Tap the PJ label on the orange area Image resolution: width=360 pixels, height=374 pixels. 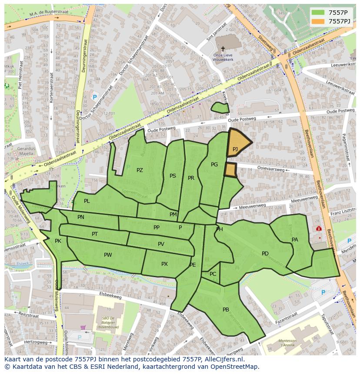point(235,149)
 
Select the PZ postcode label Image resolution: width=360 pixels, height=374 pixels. point(140,170)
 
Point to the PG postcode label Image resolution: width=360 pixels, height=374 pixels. point(214,165)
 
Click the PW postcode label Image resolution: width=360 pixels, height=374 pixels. point(108,255)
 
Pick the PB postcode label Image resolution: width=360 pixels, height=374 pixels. point(226,310)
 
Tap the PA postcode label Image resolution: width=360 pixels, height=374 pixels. point(295,240)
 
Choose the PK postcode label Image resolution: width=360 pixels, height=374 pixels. point(58,241)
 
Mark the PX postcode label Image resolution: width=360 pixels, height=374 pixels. point(164,264)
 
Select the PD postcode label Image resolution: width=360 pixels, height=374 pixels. point(265,254)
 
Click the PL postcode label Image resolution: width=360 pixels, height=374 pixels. point(87,201)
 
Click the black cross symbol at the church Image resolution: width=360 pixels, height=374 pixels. point(223,49)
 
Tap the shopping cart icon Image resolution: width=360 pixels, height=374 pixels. point(83,328)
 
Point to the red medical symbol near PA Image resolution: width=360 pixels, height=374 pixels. point(319,228)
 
